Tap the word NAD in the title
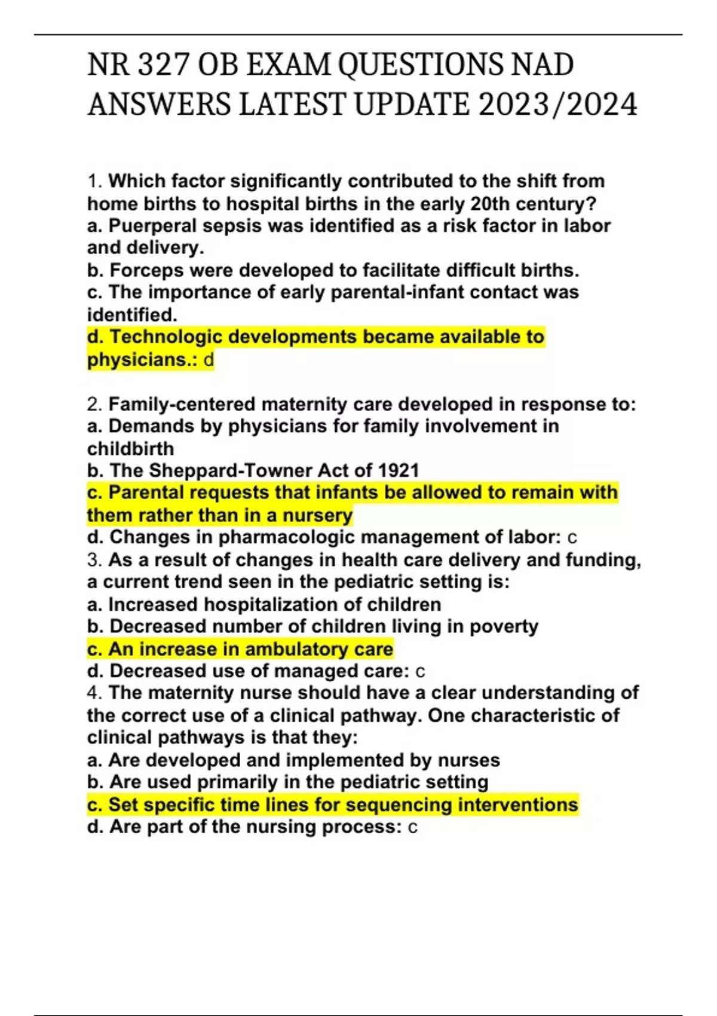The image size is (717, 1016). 541,65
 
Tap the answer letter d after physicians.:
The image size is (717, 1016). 209,360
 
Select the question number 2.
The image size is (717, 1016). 94,405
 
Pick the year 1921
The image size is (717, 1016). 399,470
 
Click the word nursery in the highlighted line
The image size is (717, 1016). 317,515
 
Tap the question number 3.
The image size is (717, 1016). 94,560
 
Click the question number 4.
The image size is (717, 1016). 94,693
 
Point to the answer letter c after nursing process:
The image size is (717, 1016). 412,827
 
